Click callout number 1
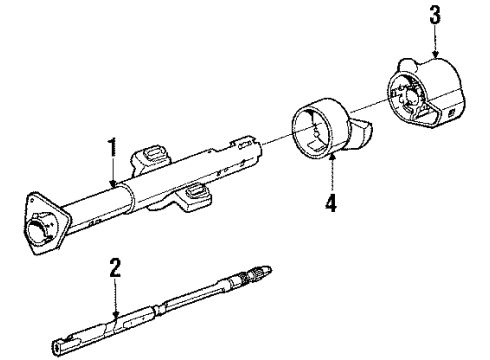click(x=112, y=150)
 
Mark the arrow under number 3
click(x=435, y=42)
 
